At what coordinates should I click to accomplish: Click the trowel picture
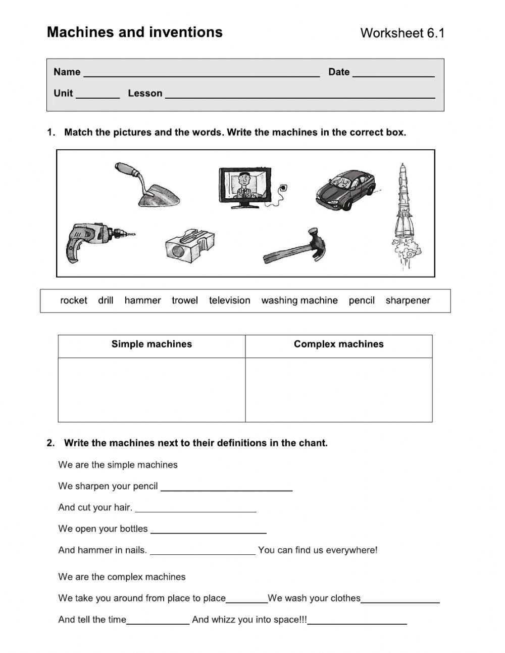(149, 186)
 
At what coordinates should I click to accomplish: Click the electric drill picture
(93, 241)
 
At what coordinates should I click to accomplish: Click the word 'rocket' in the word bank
(74, 300)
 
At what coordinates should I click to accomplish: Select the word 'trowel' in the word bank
(185, 300)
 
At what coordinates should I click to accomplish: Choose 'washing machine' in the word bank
(299, 300)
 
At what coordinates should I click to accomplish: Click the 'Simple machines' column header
(151, 344)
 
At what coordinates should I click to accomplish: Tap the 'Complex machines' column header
(338, 344)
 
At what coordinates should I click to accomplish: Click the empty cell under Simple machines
(151, 389)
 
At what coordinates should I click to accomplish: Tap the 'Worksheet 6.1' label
(402, 33)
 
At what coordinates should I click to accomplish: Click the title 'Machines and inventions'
(135, 32)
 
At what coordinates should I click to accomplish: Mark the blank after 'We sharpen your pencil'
(226, 488)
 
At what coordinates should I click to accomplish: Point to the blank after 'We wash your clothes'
(400, 600)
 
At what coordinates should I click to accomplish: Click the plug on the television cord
(283, 189)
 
